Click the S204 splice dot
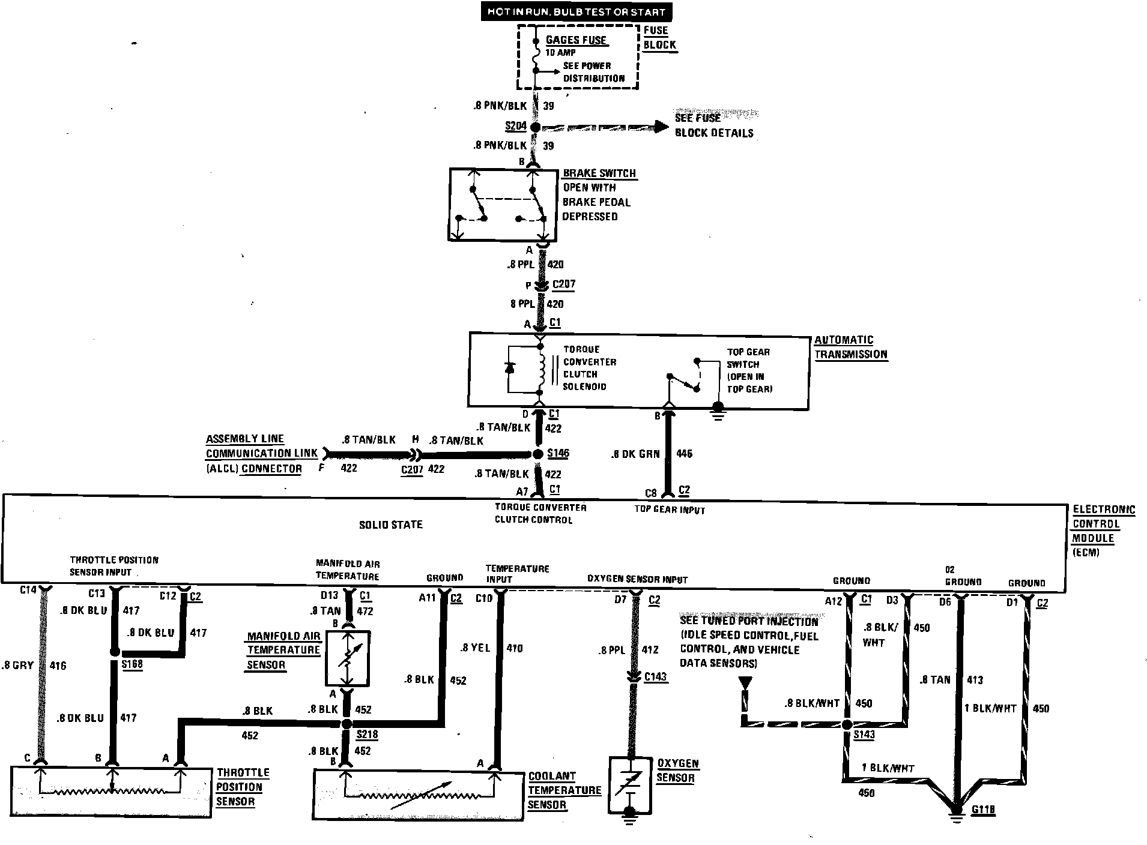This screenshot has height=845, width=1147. pos(536,127)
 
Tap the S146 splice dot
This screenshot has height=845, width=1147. pos(538,454)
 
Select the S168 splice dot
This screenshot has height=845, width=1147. pos(114,653)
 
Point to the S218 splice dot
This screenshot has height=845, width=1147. pos(347,724)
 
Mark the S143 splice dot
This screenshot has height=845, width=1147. pos(847,724)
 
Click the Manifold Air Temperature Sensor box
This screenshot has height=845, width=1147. pos(347,658)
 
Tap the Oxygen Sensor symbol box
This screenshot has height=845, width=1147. pos(631,784)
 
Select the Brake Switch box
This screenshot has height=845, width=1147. pos(503,205)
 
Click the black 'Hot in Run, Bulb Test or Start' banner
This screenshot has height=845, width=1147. pos(577,11)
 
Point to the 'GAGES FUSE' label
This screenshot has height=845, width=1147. pos(576,40)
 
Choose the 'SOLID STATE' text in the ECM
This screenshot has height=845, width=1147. pos(391,525)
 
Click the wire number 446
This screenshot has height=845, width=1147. pos(684,454)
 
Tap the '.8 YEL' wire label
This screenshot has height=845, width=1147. pos(475,648)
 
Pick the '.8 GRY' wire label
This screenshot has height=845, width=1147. pos(17,666)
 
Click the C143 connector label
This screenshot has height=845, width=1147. pos(656,677)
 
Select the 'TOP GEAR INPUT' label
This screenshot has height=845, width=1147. pos(670,510)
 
